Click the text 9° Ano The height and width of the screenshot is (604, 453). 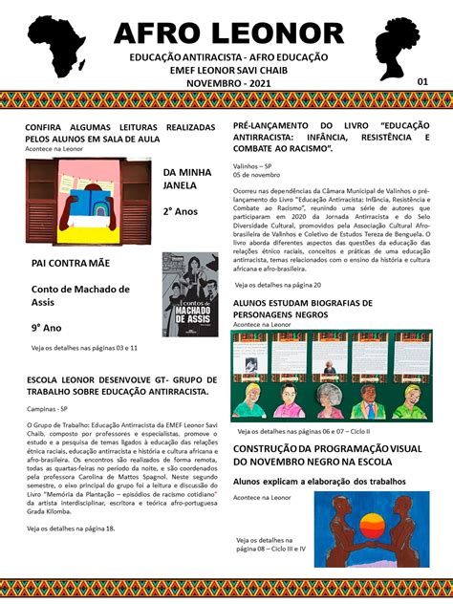pyautogui.click(x=49, y=328)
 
